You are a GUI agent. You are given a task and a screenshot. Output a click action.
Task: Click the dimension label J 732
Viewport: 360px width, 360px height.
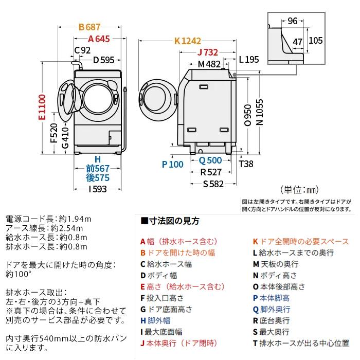208,52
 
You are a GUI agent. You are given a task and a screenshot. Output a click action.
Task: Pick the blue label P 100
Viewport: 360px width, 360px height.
172,165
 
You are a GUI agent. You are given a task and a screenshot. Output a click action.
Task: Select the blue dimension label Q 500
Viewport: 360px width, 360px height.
210,160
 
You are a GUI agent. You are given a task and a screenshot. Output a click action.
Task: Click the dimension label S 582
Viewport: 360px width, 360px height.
213,184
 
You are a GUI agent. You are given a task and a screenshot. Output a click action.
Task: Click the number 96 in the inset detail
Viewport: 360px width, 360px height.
293,21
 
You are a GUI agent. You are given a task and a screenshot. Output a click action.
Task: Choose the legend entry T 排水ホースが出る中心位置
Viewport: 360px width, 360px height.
297,343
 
